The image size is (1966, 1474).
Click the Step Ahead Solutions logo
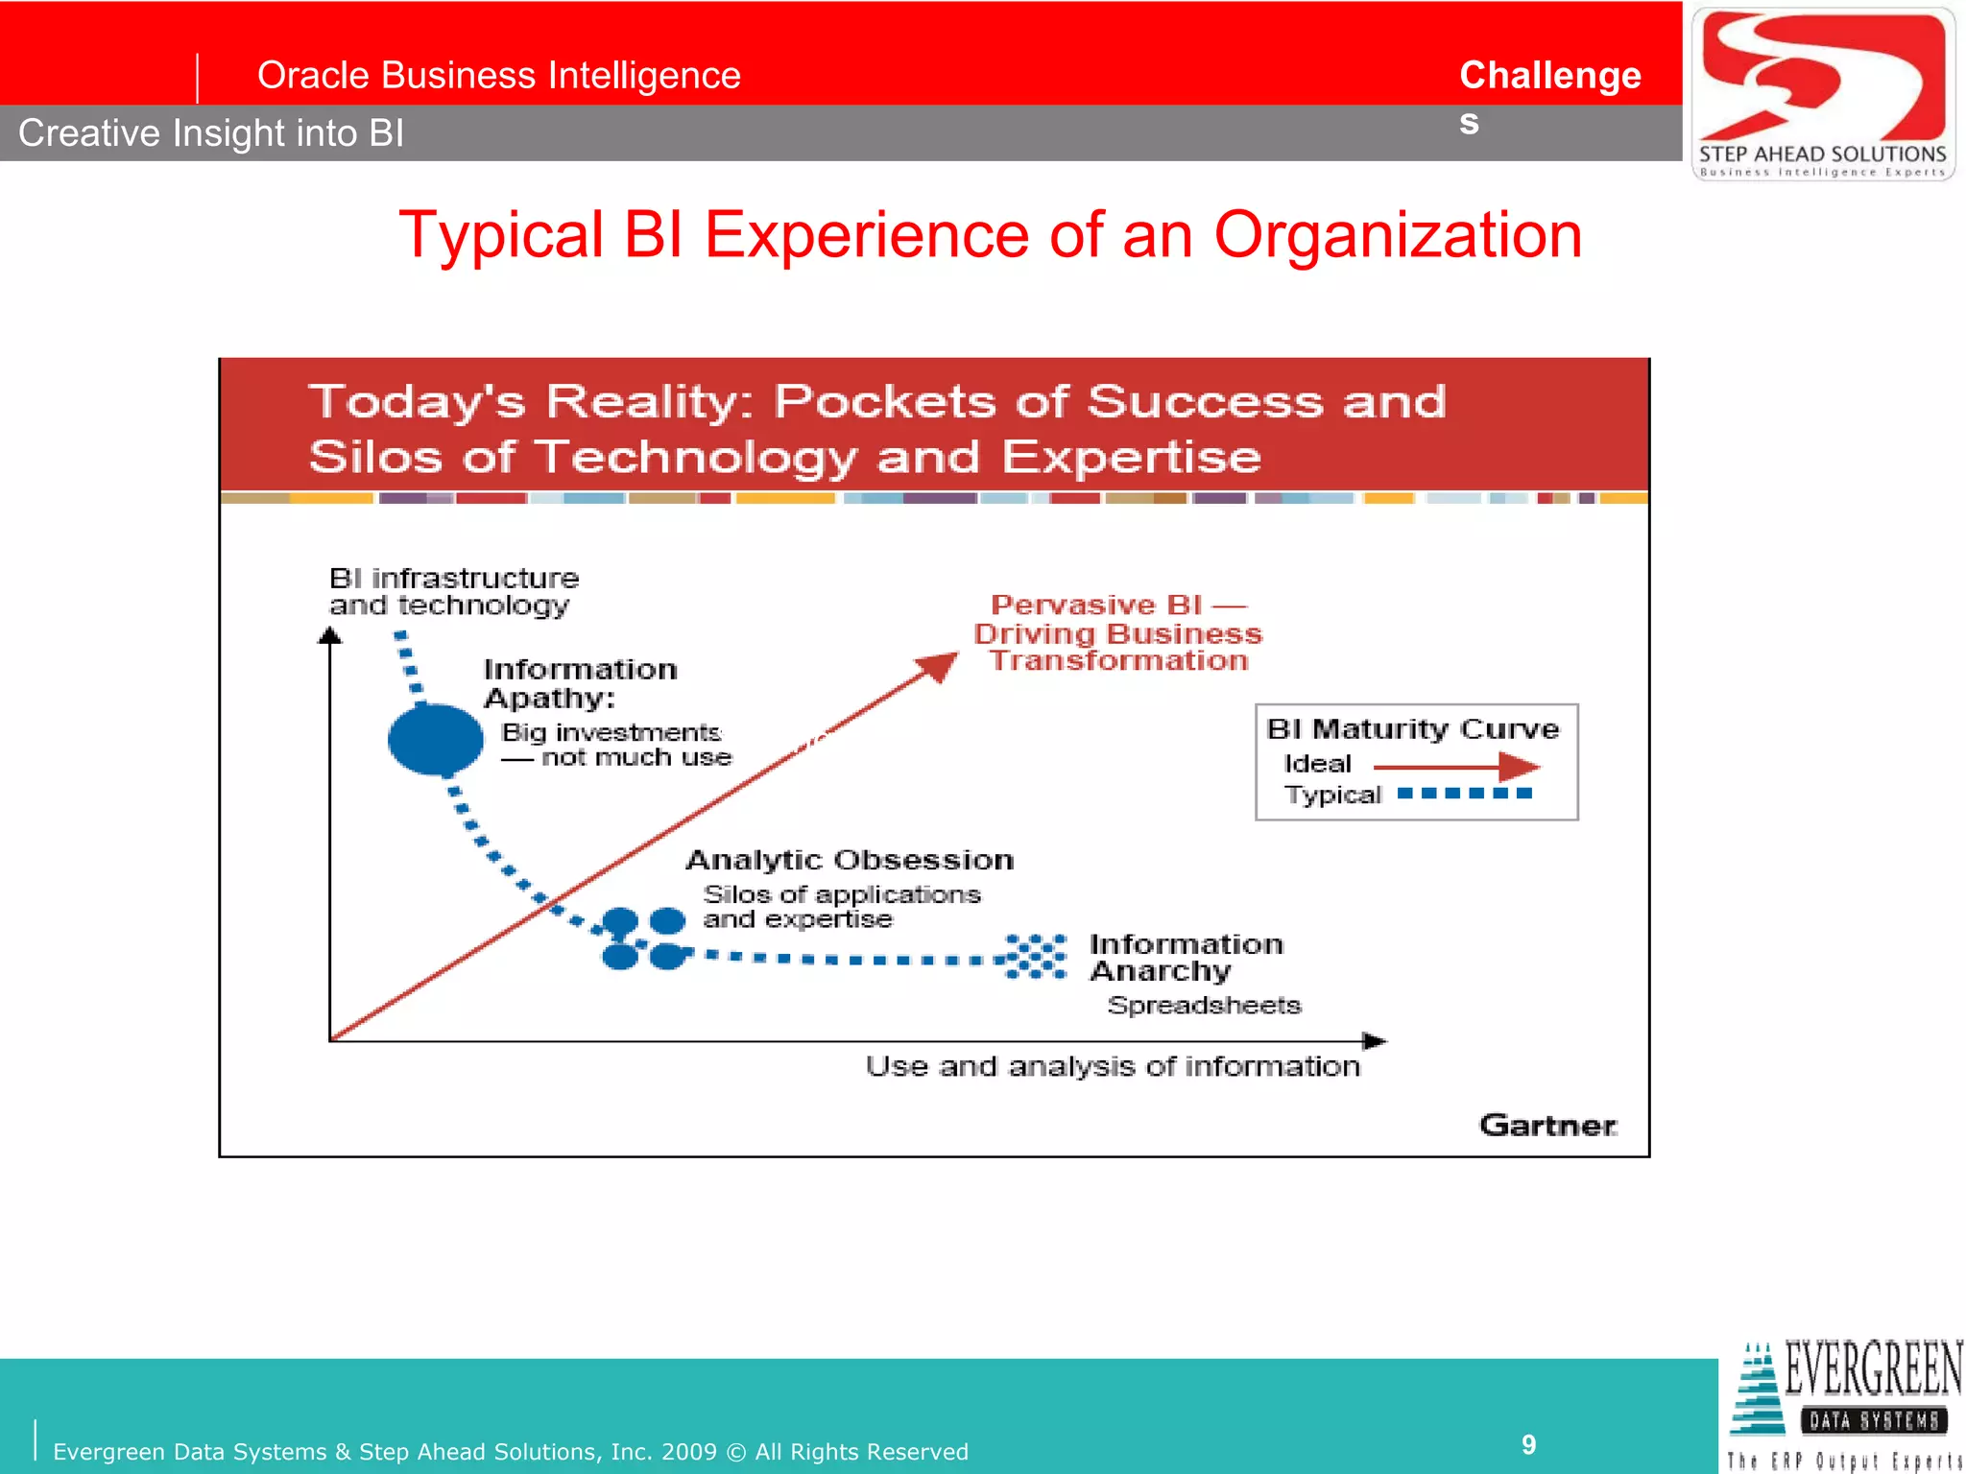[x=1822, y=93]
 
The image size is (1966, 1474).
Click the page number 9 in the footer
[x=1528, y=1444]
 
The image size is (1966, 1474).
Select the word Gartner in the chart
[x=1547, y=1125]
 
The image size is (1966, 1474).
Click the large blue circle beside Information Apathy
[x=435, y=739]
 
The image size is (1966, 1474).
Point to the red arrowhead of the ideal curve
[x=938, y=666]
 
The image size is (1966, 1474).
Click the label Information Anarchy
[x=1185, y=957]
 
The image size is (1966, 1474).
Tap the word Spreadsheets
[x=1204, y=1005]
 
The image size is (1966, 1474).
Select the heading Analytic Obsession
[x=850, y=860]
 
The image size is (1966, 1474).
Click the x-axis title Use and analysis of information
[x=1112, y=1066]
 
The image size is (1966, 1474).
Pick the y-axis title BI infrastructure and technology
[x=453, y=591]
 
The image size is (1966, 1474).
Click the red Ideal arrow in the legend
[x=1454, y=767]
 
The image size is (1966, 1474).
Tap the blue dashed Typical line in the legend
[x=1463, y=794]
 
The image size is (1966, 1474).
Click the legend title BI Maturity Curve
[x=1412, y=729]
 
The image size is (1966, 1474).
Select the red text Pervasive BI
[x=1096, y=605]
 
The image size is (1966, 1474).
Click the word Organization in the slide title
[x=1397, y=235]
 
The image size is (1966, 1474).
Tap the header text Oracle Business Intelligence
[x=498, y=75]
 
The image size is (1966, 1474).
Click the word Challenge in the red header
[x=1549, y=75]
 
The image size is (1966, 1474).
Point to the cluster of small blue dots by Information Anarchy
[x=1035, y=957]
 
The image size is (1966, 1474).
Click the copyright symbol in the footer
[x=735, y=1452]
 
